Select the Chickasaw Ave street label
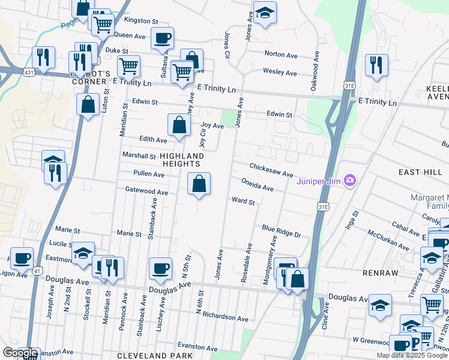pos(271,170)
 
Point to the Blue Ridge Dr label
pos(280,231)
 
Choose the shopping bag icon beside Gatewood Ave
pos(199,184)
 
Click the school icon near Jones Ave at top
pos(264,13)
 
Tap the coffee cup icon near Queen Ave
pos(162,38)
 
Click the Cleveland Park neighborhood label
pos(150,355)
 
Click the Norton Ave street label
pos(281,55)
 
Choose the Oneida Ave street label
pos(258,184)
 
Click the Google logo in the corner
pos(20,353)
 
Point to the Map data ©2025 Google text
pos(411,355)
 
